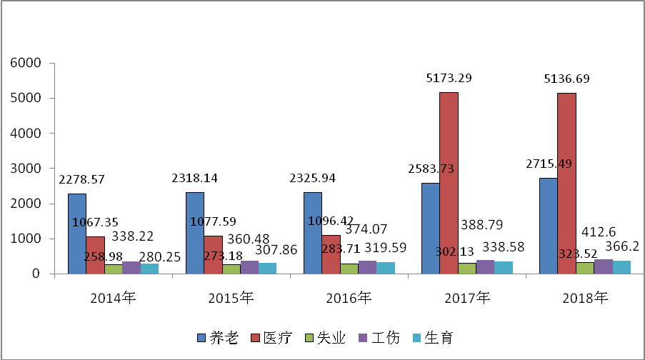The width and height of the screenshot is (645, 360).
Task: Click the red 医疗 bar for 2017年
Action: [x=449, y=183]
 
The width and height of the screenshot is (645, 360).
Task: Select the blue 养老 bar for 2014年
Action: [x=77, y=234]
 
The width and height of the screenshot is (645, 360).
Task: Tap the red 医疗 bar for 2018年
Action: [x=566, y=184]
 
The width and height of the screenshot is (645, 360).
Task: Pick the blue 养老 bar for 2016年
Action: [x=313, y=233]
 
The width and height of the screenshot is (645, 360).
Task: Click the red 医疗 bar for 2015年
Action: [x=213, y=255]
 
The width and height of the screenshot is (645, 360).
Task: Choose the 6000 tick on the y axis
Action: [x=26, y=63]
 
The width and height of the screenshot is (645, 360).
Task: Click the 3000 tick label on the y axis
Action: [x=26, y=169]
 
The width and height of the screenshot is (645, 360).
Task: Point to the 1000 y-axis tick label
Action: [x=26, y=239]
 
